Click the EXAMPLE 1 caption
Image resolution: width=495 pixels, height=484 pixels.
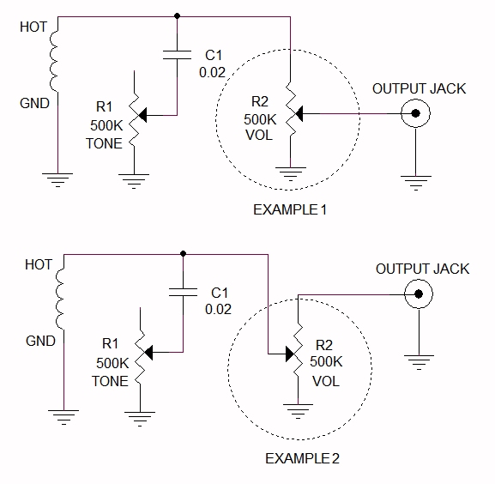(290, 210)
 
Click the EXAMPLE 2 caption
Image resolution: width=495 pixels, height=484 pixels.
(302, 458)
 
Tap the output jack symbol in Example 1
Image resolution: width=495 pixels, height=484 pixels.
(415, 113)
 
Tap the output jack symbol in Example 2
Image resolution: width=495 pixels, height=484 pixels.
(419, 294)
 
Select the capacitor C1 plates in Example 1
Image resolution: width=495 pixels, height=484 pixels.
(177, 55)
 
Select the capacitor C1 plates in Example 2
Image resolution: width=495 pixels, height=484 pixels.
(183, 292)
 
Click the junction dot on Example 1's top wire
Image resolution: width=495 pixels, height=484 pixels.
(177, 15)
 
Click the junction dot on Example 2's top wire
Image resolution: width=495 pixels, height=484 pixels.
(183, 253)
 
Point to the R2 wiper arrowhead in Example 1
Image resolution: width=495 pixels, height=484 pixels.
(299, 113)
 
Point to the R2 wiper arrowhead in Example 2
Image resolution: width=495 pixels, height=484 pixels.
(290, 354)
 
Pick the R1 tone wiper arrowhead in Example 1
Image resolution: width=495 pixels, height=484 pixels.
(142, 115)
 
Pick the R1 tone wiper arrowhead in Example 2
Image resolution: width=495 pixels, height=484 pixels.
(148, 353)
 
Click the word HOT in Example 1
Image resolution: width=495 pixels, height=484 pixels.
(33, 27)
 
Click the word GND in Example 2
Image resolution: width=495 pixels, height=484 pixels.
(40, 341)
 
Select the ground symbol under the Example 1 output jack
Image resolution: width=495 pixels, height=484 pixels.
(416, 183)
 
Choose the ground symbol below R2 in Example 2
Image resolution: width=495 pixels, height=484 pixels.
(298, 411)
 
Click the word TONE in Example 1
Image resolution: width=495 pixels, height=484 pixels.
(104, 143)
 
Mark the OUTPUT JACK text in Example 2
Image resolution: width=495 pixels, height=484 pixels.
(422, 269)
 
